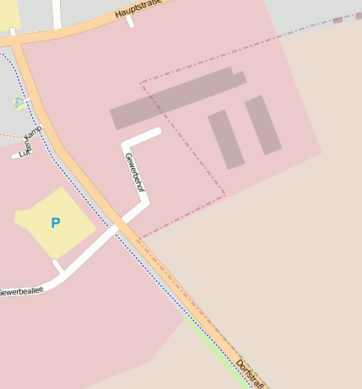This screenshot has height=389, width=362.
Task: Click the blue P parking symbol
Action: tap(56, 224)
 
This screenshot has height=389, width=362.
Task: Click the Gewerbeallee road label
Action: tap(20, 291)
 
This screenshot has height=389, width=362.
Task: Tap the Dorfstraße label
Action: tap(251, 374)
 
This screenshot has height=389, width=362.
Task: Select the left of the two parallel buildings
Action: tap(226, 139)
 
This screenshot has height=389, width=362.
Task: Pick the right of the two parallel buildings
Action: tap(262, 125)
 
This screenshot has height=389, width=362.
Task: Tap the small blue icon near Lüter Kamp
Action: tap(19, 103)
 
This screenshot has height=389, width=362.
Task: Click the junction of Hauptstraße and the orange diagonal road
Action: tap(15, 39)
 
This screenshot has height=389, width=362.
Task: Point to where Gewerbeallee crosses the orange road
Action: tap(118, 225)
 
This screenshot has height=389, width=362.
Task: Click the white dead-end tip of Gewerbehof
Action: tap(156, 132)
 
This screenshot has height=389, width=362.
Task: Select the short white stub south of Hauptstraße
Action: tap(130, 21)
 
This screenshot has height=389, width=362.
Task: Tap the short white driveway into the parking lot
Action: tap(57, 267)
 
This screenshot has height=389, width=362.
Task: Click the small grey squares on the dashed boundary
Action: tap(343, 18)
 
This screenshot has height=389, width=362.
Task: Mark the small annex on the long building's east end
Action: tap(240, 78)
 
